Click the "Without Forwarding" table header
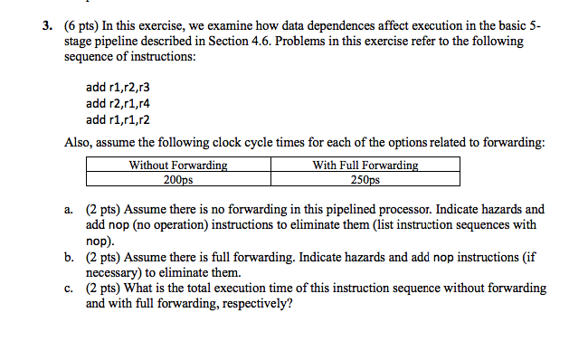coord(178,166)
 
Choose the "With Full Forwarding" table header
coord(365,166)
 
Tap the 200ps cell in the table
coord(178,179)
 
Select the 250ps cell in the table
coord(365,179)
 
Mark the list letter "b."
coord(70,257)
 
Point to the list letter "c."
coord(70,289)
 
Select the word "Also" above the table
coord(78,142)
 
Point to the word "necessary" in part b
coord(115,272)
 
